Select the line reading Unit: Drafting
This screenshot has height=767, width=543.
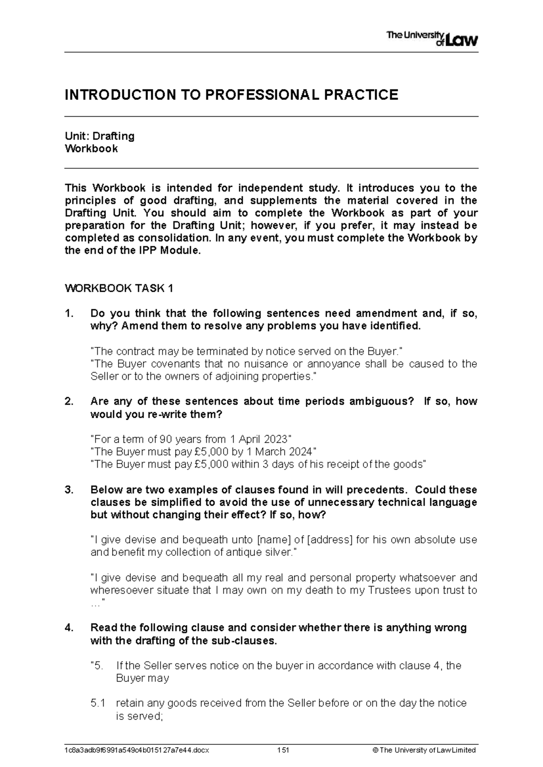coord(100,136)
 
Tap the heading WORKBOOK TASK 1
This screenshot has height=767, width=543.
coord(119,289)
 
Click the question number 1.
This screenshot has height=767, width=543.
coord(68,313)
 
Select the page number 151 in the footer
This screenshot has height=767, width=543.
coord(283,750)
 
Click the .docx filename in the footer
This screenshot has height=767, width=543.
coord(137,750)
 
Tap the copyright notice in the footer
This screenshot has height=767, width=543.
coord(423,750)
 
